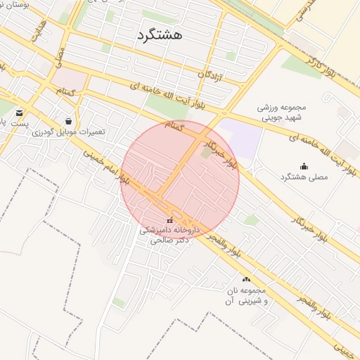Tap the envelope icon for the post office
point(18,112)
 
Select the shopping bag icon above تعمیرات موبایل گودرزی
point(67,120)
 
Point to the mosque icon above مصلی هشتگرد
point(304,166)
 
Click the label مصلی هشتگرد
point(304,177)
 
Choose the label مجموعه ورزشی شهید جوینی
point(275,112)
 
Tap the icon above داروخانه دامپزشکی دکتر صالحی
point(169,221)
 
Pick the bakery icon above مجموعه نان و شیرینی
point(245,279)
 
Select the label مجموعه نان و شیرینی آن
point(245,295)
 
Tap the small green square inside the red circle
point(205,153)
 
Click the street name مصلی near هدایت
point(62,59)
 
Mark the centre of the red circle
point(180,180)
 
